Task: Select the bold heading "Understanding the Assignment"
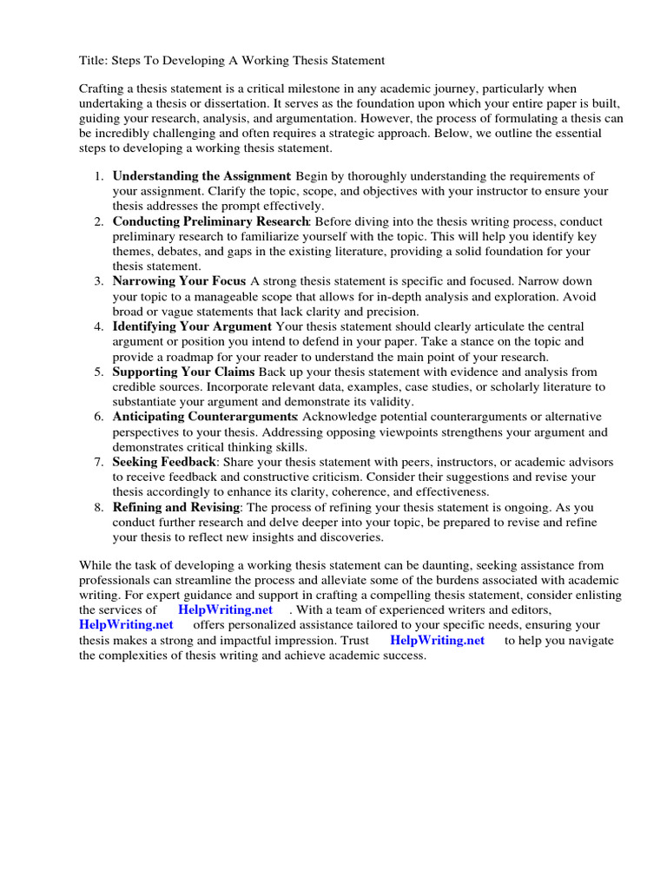(201, 176)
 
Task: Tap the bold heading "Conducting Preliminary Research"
(211, 221)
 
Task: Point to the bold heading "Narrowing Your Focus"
(179, 281)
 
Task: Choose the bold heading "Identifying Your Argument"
(192, 326)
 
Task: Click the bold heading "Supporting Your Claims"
(183, 372)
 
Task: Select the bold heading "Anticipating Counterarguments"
(205, 417)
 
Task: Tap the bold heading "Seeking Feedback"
(163, 462)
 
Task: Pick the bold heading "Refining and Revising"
(175, 507)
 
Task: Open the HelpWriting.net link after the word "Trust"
(437, 640)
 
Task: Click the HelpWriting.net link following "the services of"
(225, 610)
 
